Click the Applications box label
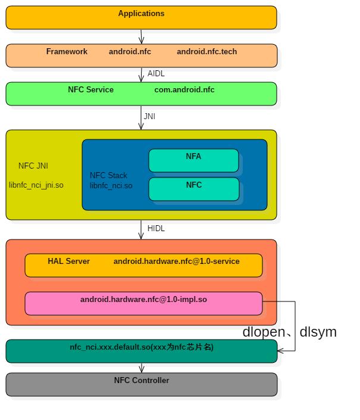tap(141, 14)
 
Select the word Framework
tap(67, 52)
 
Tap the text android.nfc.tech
tap(206, 52)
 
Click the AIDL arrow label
tap(156, 74)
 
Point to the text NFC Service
tap(90, 90)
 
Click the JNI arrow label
tap(149, 117)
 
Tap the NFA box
tap(193, 160)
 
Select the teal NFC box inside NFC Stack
tap(193, 189)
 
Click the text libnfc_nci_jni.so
tap(36, 185)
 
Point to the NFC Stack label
tap(108, 176)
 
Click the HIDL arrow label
tap(156, 229)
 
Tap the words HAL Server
tap(68, 262)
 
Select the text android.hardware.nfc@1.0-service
tap(176, 262)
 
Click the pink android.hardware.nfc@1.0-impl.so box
tap(143, 303)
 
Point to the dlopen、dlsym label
tap(289, 332)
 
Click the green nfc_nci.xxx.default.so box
tap(141, 351)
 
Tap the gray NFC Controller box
tap(141, 384)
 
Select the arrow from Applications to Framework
tap(141, 36)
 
